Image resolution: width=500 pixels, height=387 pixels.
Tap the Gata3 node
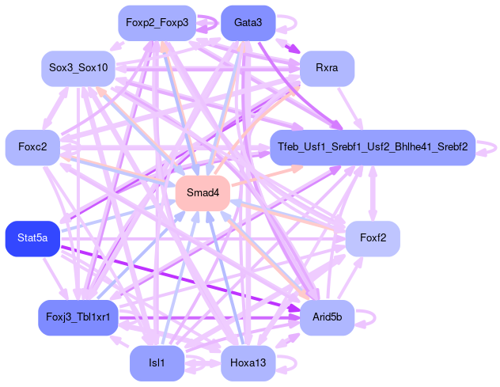pyautogui.click(x=248, y=23)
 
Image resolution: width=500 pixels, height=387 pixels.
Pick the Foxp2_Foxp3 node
pyautogui.click(x=157, y=23)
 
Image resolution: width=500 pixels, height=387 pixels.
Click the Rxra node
pyautogui.click(x=327, y=68)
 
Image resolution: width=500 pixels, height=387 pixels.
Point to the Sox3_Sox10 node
pyautogui.click(x=78, y=69)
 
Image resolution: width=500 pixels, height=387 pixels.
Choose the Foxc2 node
pyautogui.click(x=32, y=147)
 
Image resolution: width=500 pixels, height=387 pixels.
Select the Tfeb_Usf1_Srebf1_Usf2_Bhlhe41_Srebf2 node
pyautogui.click(x=372, y=147)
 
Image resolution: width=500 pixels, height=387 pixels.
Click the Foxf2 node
pyautogui.click(x=372, y=238)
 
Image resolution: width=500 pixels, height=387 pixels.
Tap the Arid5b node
pyautogui.click(x=327, y=317)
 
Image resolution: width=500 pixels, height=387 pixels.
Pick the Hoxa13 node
pyautogui.click(x=248, y=363)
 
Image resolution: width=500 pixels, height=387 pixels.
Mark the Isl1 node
pyautogui.click(x=157, y=363)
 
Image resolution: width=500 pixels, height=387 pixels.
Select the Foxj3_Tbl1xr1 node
pyautogui.click(x=78, y=317)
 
